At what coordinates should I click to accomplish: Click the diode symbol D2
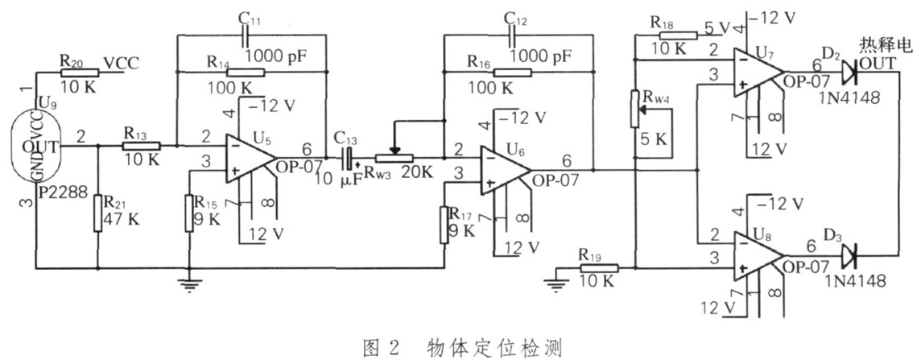pyautogui.click(x=847, y=73)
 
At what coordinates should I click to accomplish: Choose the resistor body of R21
pyautogui.click(x=97, y=213)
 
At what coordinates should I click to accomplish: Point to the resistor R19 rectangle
pyautogui.click(x=597, y=267)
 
